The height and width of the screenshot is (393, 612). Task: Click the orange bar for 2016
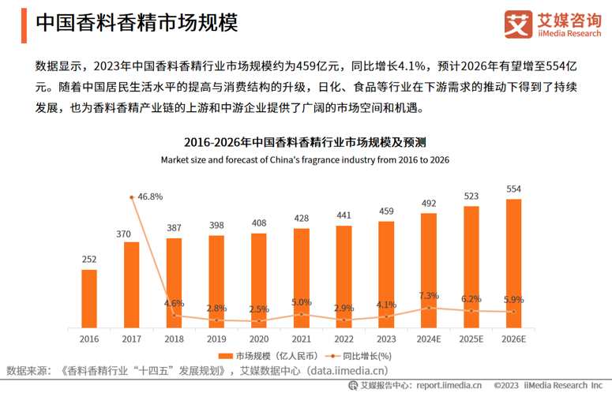89,298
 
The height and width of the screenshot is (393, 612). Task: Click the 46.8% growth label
150,196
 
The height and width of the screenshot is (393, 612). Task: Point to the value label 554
513,189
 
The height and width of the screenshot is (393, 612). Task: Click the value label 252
89,260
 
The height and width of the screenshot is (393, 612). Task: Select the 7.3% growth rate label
429,295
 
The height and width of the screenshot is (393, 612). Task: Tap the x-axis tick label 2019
216,338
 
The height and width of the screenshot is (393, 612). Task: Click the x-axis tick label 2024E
429,338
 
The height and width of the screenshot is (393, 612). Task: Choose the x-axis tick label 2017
131,338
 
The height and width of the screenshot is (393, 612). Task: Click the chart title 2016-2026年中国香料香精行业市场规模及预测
305,143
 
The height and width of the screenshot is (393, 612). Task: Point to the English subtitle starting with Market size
305,159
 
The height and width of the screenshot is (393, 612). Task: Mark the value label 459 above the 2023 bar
386,211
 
